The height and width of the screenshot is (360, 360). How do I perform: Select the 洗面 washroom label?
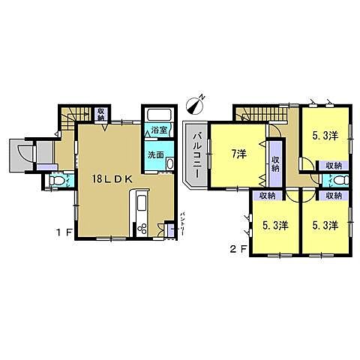(155, 154)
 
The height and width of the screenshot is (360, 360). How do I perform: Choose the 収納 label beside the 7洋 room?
(275, 163)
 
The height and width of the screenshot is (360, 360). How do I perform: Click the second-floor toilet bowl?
(340, 180)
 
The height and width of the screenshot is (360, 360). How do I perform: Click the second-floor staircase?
(255, 114)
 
